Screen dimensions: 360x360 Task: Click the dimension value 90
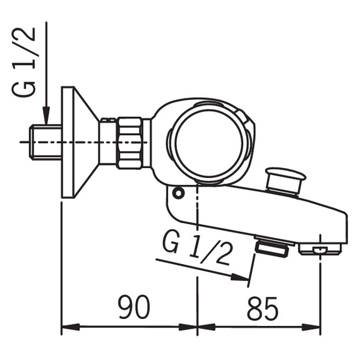(134, 307)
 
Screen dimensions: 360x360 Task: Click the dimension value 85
(263, 309)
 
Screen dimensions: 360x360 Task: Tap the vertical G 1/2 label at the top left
(23, 62)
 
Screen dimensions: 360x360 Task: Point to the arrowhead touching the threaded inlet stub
(47, 116)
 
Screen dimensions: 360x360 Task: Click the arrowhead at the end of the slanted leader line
(239, 277)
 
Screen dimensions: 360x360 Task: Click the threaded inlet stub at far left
(45, 142)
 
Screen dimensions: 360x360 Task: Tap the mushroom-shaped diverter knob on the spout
(285, 180)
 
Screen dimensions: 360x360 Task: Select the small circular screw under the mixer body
(178, 193)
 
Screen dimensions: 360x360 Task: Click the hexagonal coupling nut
(129, 143)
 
